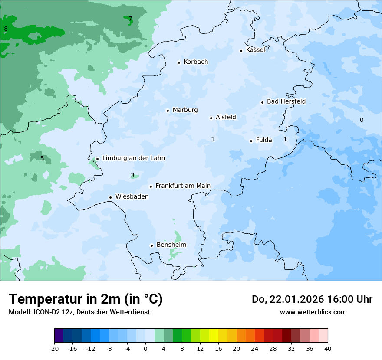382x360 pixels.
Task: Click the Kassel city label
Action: click(x=255, y=50)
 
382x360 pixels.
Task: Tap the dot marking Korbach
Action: click(x=179, y=62)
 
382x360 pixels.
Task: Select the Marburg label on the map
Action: click(x=185, y=110)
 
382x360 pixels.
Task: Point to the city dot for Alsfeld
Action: click(x=211, y=118)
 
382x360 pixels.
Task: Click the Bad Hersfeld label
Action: click(x=286, y=101)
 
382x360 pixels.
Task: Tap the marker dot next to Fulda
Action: click(x=251, y=141)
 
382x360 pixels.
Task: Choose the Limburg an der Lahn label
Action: click(x=133, y=158)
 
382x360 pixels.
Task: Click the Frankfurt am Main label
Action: click(x=183, y=186)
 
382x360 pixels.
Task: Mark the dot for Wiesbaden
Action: click(x=110, y=197)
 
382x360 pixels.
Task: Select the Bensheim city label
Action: click(x=171, y=245)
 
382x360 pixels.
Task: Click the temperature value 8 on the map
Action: click(x=6, y=29)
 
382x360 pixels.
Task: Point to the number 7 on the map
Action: click(x=130, y=19)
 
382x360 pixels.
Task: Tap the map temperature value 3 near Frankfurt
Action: click(x=132, y=176)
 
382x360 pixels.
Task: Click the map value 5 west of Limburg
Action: click(x=42, y=158)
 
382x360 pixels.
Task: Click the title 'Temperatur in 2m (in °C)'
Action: click(x=86, y=299)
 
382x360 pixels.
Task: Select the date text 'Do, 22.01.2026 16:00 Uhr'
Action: click(x=312, y=299)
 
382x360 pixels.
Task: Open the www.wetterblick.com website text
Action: click(x=313, y=312)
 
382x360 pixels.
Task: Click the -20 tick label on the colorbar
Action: click(x=54, y=349)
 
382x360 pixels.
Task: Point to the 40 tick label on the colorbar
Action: click(x=328, y=349)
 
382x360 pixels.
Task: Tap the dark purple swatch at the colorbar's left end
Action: click(x=59, y=336)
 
